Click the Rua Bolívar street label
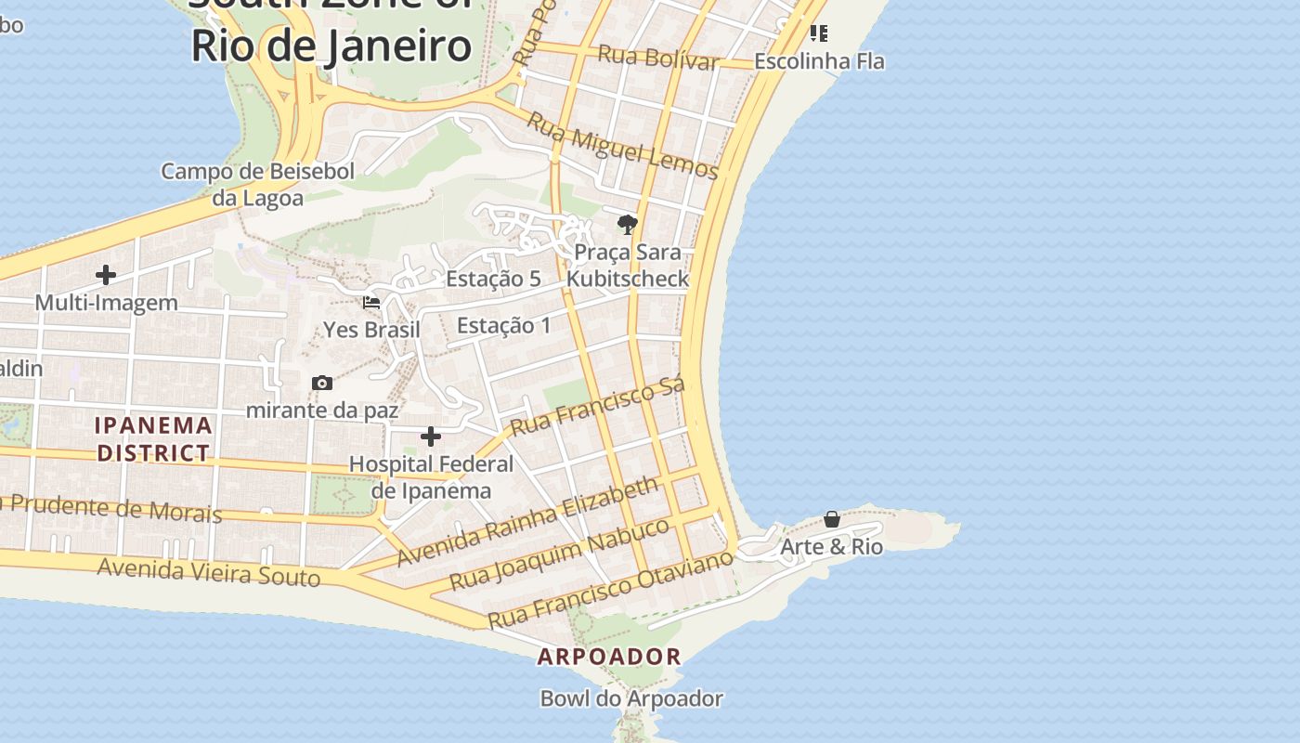(657, 58)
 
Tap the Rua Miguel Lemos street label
(622, 146)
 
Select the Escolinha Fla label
(819, 61)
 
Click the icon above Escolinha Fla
(818, 33)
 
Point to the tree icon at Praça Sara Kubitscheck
(628, 224)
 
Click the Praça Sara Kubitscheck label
(628, 266)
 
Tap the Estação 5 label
(493, 279)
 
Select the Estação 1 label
(503, 325)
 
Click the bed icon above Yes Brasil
(371, 303)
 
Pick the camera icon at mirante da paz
(322, 383)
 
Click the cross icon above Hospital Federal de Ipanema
(431, 437)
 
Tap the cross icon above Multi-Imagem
(106, 275)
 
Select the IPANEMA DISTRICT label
(154, 439)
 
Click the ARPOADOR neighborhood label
(609, 657)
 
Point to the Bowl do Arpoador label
(631, 698)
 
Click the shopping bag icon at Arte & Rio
(832, 519)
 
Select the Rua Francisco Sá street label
(598, 406)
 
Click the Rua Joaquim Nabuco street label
(559, 554)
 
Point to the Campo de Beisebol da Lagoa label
(258, 184)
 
